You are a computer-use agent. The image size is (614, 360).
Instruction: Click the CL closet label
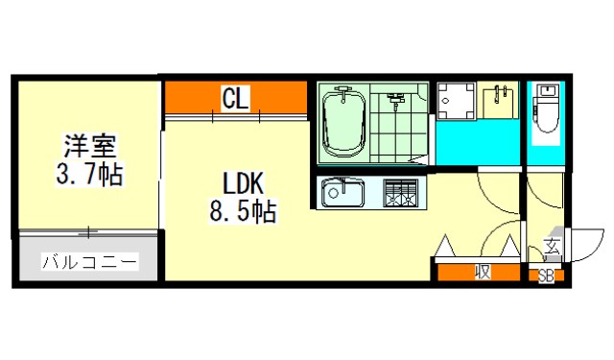(235, 98)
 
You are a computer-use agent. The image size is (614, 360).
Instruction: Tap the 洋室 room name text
(90, 146)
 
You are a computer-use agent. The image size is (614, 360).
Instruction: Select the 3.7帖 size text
(89, 174)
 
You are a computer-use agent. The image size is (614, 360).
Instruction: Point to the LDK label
(243, 183)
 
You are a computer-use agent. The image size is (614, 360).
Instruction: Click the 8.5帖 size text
(243, 211)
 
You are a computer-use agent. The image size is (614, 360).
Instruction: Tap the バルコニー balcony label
(90, 262)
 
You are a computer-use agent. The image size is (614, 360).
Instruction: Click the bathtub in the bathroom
(343, 123)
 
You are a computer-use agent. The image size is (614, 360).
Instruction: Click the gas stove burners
(401, 193)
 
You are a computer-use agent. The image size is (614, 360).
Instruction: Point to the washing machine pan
(457, 101)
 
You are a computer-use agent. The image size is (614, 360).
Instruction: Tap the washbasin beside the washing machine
(498, 101)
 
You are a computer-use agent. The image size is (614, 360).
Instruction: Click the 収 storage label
(483, 272)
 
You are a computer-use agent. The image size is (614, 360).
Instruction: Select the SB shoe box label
(546, 276)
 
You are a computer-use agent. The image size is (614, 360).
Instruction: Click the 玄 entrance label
(553, 247)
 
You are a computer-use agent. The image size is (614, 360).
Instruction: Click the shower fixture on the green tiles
(395, 100)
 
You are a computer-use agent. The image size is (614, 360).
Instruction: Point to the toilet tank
(547, 91)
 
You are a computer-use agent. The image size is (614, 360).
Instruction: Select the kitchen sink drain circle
(333, 193)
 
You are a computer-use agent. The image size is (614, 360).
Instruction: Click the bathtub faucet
(343, 93)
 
